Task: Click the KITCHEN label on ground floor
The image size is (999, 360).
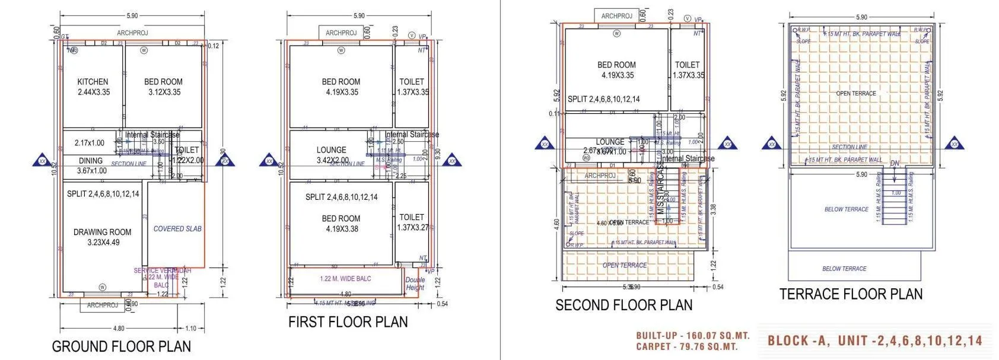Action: pyautogui.click(x=93, y=82)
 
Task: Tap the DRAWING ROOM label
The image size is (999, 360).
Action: pyautogui.click(x=103, y=232)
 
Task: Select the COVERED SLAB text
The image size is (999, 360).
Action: pyautogui.click(x=177, y=228)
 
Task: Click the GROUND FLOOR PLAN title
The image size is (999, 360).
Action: pyautogui.click(x=121, y=346)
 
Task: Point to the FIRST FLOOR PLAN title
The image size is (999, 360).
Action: pyautogui.click(x=348, y=322)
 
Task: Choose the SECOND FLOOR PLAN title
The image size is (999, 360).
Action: pyautogui.click(x=623, y=305)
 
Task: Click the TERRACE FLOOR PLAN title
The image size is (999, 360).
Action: pyautogui.click(x=851, y=294)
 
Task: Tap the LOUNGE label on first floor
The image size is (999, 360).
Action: pyautogui.click(x=331, y=150)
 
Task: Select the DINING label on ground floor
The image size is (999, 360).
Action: pyautogui.click(x=91, y=161)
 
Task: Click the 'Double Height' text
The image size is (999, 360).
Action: pyautogui.click(x=415, y=283)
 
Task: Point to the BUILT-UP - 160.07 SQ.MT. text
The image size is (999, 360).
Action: pyautogui.click(x=693, y=336)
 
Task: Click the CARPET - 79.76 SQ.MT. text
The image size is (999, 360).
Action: pyautogui.click(x=686, y=347)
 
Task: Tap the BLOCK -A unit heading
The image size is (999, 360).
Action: pyautogui.click(x=875, y=341)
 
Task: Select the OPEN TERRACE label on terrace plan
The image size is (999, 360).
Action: pyautogui.click(x=855, y=94)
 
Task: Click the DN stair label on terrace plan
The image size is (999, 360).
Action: pyautogui.click(x=895, y=163)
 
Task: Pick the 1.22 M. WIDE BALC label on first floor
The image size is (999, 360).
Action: pyautogui.click(x=345, y=279)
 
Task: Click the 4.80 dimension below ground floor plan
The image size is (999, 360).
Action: pyautogui.click(x=118, y=329)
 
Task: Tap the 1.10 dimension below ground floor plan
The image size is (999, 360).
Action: pyautogui.click(x=190, y=329)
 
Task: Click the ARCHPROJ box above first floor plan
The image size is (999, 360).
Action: pyautogui.click(x=341, y=33)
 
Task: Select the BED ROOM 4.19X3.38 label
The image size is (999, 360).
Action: pyautogui.click(x=341, y=224)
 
